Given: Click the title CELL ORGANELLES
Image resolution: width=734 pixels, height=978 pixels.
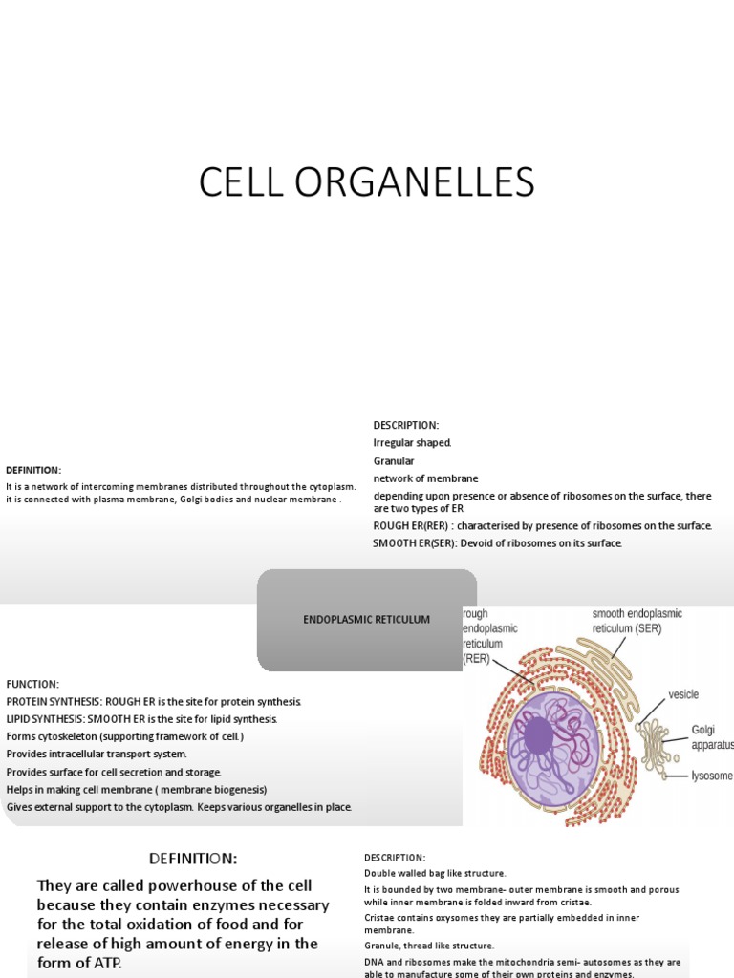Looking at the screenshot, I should point(366,182).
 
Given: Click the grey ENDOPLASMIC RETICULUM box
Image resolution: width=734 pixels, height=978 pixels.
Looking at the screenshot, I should point(367,620).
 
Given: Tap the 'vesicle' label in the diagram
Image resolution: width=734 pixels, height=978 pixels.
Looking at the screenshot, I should point(684,694).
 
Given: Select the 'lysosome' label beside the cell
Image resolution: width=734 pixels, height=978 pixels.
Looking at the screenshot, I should point(712,776).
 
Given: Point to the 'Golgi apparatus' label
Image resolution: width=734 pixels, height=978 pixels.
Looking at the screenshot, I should point(712,736).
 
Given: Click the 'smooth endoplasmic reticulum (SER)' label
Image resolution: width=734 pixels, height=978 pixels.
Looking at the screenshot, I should point(637,621).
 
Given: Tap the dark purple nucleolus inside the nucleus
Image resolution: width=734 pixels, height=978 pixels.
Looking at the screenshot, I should point(538,735).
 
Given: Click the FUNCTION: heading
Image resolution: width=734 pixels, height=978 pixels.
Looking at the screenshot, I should point(32,685).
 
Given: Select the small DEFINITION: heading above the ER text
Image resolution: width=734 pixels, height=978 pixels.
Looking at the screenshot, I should point(33,470).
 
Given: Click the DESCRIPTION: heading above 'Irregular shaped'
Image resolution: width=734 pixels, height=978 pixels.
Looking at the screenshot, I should point(405,425).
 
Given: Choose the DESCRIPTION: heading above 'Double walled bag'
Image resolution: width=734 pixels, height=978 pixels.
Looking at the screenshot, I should point(395,858).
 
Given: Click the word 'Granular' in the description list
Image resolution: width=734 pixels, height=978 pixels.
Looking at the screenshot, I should point(394,461).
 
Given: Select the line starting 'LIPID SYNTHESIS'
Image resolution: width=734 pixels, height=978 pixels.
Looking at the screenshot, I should point(141,719).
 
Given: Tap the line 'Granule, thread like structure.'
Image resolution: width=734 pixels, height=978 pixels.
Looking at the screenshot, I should point(429,946).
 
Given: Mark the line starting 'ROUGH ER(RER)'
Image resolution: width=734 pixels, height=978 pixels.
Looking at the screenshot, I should point(542,526).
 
